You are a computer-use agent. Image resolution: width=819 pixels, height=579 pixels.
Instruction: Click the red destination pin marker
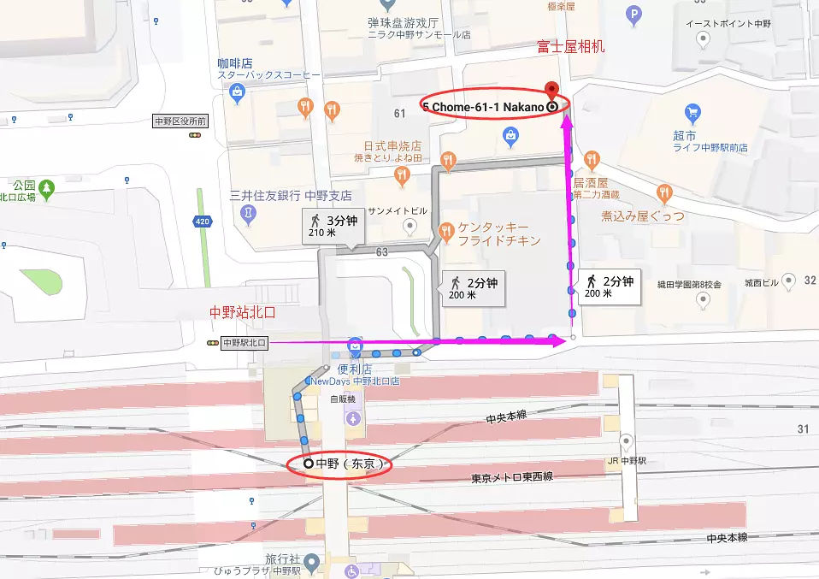click(552, 88)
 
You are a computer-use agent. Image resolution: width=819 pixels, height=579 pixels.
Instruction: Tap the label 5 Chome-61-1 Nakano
click(484, 105)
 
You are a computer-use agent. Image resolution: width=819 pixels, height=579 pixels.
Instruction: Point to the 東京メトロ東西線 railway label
click(512, 477)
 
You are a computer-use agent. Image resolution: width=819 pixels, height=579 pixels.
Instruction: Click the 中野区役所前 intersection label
click(180, 121)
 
